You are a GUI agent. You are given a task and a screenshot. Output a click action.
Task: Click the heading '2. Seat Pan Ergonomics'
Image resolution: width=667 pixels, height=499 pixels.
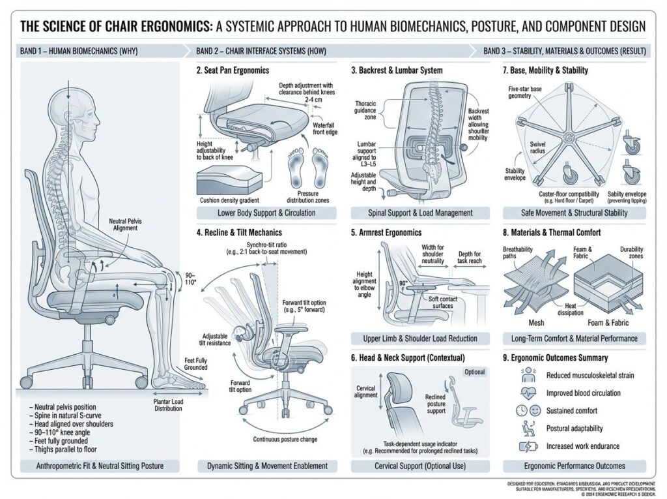(233, 70)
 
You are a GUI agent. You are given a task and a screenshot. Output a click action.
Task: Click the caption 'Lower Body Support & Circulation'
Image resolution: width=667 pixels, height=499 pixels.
(267, 213)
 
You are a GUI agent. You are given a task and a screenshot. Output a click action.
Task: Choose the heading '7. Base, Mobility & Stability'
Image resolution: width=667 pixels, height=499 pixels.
(545, 70)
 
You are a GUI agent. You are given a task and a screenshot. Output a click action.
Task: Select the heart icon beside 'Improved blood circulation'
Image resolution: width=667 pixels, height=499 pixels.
(524, 393)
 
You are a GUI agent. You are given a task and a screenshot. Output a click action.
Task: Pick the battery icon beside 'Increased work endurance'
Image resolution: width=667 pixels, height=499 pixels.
(524, 447)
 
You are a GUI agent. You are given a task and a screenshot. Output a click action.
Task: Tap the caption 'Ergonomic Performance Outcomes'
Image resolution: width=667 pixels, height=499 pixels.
(575, 466)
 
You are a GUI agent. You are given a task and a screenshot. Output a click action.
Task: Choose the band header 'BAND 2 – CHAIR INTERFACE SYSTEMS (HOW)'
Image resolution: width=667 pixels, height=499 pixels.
(261, 51)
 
